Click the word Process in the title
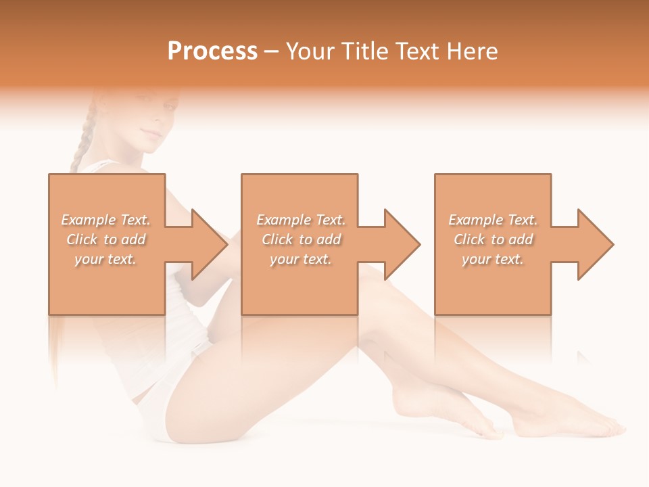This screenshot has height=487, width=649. point(212,51)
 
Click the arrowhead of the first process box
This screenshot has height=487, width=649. point(209,244)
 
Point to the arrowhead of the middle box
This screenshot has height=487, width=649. point(402,244)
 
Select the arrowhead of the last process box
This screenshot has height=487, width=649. point(595,244)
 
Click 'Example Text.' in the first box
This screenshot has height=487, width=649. point(105,220)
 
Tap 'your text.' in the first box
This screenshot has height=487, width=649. point(105,259)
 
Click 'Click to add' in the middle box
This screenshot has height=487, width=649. point(301,239)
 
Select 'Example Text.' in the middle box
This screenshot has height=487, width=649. point(301,220)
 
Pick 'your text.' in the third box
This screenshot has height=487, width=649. point(493,259)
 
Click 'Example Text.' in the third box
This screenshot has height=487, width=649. point(493,220)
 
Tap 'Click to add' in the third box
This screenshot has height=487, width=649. point(493,239)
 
